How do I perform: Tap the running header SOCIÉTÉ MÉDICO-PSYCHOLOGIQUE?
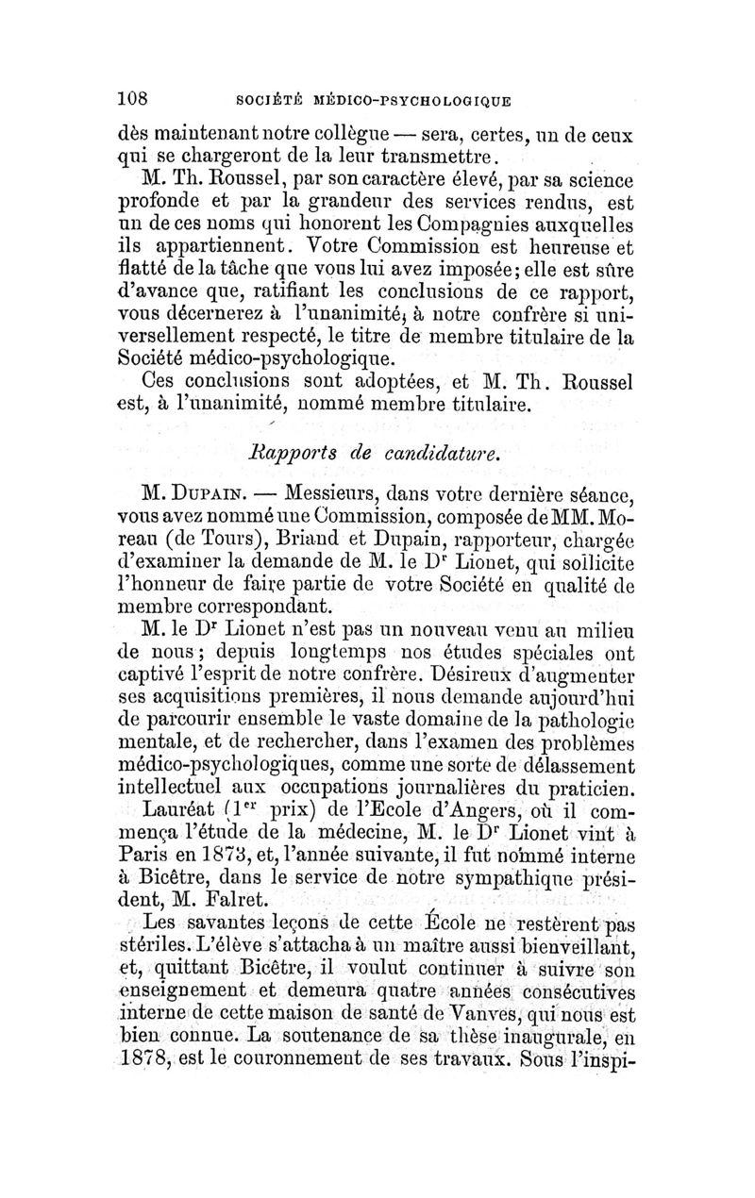tap(374, 97)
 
